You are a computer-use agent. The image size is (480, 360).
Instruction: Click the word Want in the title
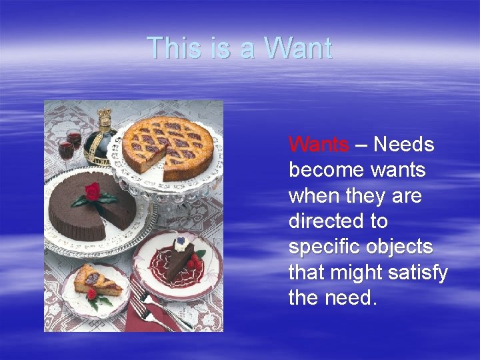297,48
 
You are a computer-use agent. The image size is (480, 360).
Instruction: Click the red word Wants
319,144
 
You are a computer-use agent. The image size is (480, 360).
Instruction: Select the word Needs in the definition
404,144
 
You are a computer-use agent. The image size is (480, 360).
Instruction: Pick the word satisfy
419,272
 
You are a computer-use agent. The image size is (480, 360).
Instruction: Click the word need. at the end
353,297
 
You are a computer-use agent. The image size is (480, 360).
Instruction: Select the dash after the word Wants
361,144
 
